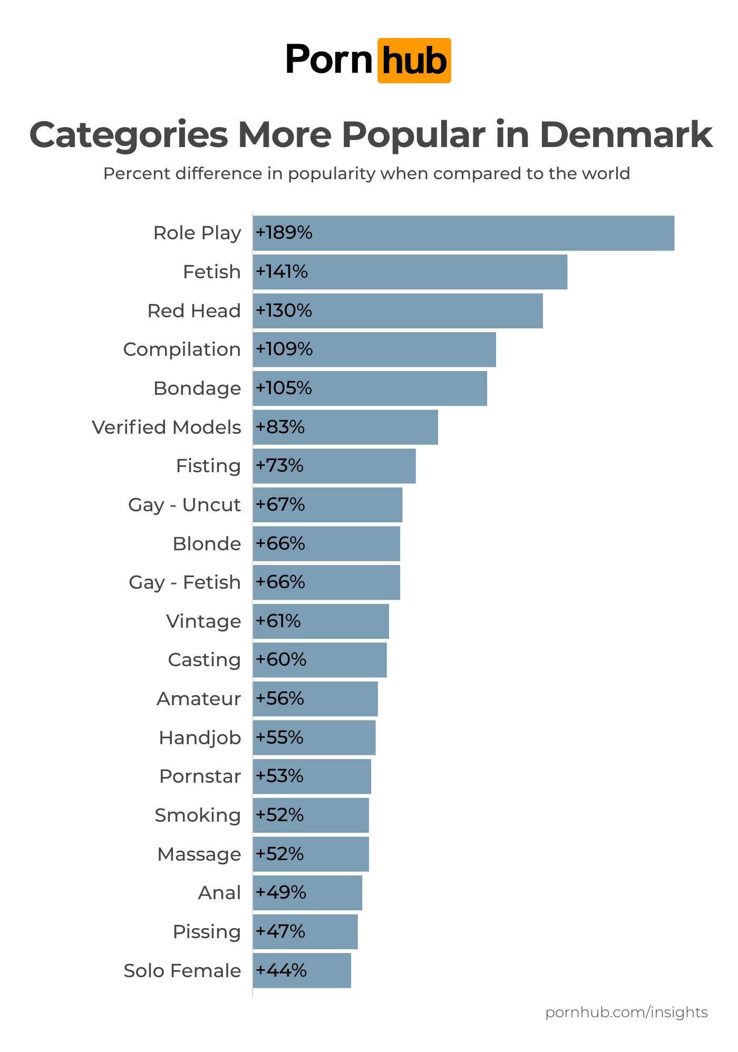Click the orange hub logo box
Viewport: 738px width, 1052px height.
click(414, 61)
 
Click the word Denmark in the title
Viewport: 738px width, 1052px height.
click(626, 135)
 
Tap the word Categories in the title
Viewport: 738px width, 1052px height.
click(129, 135)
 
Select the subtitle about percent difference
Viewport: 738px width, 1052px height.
click(366, 173)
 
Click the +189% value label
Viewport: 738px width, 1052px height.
click(284, 232)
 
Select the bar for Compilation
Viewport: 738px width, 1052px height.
click(374, 349)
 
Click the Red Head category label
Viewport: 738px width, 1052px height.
click(194, 310)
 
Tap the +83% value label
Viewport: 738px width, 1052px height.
click(280, 427)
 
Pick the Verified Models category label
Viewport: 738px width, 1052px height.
click(167, 427)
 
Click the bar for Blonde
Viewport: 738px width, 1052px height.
click(326, 543)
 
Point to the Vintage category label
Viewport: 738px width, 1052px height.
click(203, 621)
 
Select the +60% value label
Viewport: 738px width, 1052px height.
click(281, 659)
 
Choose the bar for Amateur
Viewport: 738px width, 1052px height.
click(315, 699)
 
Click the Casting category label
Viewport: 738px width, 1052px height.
click(204, 659)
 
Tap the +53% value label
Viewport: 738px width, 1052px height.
click(279, 776)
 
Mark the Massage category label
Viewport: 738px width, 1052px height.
click(199, 854)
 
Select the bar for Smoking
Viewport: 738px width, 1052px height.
click(311, 815)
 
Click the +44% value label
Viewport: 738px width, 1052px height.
click(281, 970)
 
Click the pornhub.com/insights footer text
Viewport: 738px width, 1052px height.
click(626, 1012)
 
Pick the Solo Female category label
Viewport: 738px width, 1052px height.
click(182, 970)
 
